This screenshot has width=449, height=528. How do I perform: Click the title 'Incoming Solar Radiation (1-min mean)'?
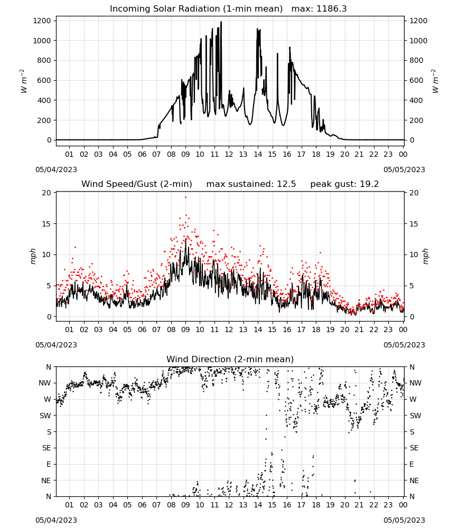(196, 9)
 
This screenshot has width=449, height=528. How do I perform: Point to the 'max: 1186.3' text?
(319, 9)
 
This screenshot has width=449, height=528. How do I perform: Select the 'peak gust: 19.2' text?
(344, 184)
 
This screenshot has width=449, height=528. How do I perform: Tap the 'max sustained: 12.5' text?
(251, 184)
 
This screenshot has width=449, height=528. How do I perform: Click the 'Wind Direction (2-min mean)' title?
(230, 359)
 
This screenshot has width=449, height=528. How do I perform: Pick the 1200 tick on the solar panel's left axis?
(42, 21)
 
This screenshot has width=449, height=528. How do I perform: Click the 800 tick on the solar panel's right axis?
(416, 61)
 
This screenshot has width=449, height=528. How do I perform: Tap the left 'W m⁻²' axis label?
(23, 81)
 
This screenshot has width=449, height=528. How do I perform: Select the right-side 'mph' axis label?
(425, 256)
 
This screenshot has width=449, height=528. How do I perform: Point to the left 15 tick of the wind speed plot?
(46, 224)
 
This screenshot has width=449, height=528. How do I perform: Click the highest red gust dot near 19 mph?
(185, 197)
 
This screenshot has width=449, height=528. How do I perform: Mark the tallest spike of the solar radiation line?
(221, 22)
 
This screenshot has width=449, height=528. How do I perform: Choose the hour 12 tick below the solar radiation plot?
(229, 154)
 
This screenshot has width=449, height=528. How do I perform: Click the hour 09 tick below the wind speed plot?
(185, 329)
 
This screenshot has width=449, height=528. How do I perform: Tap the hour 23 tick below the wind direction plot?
(388, 505)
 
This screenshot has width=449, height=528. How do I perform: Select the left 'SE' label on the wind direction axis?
(46, 448)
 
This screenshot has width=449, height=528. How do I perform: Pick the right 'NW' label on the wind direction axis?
(415, 383)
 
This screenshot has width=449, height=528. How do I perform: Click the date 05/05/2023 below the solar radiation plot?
(404, 169)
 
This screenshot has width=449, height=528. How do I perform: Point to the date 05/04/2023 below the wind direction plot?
(56, 520)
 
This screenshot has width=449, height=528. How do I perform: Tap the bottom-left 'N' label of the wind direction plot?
(49, 497)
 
